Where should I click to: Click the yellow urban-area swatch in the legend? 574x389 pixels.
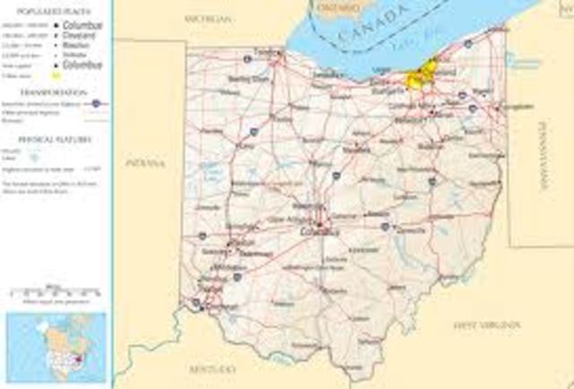[x=56, y=75]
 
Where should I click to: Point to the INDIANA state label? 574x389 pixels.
[x=144, y=164]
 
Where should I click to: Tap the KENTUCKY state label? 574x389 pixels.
[x=213, y=368]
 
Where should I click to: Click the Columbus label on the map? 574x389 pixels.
[x=319, y=232]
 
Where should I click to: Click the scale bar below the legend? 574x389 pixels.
[x=56, y=292]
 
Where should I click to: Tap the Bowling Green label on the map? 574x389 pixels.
[x=248, y=79]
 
